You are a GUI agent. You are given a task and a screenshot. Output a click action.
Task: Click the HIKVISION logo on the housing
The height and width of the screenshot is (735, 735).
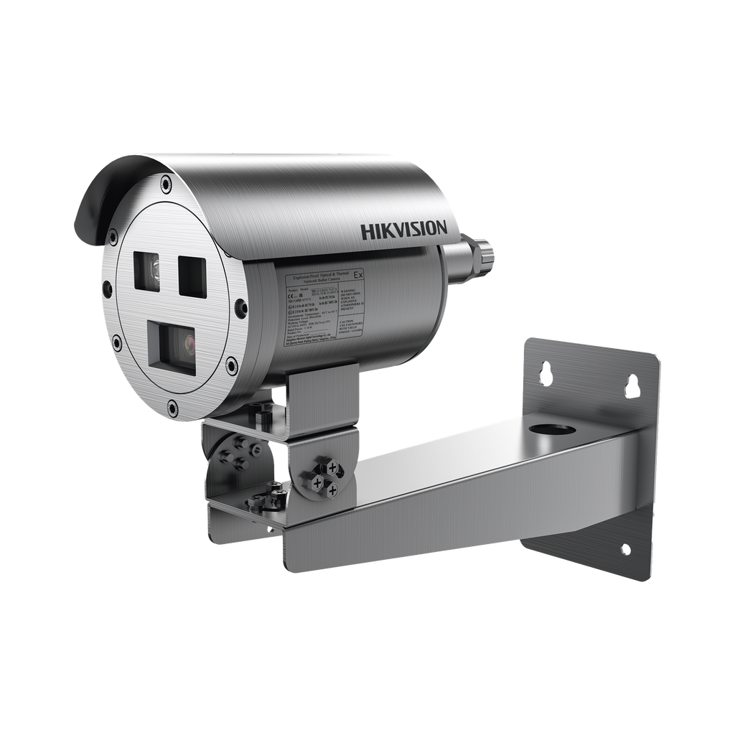(x=403, y=230)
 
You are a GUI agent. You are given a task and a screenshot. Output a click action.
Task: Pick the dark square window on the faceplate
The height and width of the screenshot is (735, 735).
(x=192, y=275)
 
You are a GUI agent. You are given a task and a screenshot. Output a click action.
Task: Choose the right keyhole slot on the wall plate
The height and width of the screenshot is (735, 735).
(x=632, y=385)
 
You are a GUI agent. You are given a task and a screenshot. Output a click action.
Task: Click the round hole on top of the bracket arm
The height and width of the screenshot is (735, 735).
(x=553, y=431)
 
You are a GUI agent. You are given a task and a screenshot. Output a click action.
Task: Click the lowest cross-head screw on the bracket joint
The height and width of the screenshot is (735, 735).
(x=332, y=490)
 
